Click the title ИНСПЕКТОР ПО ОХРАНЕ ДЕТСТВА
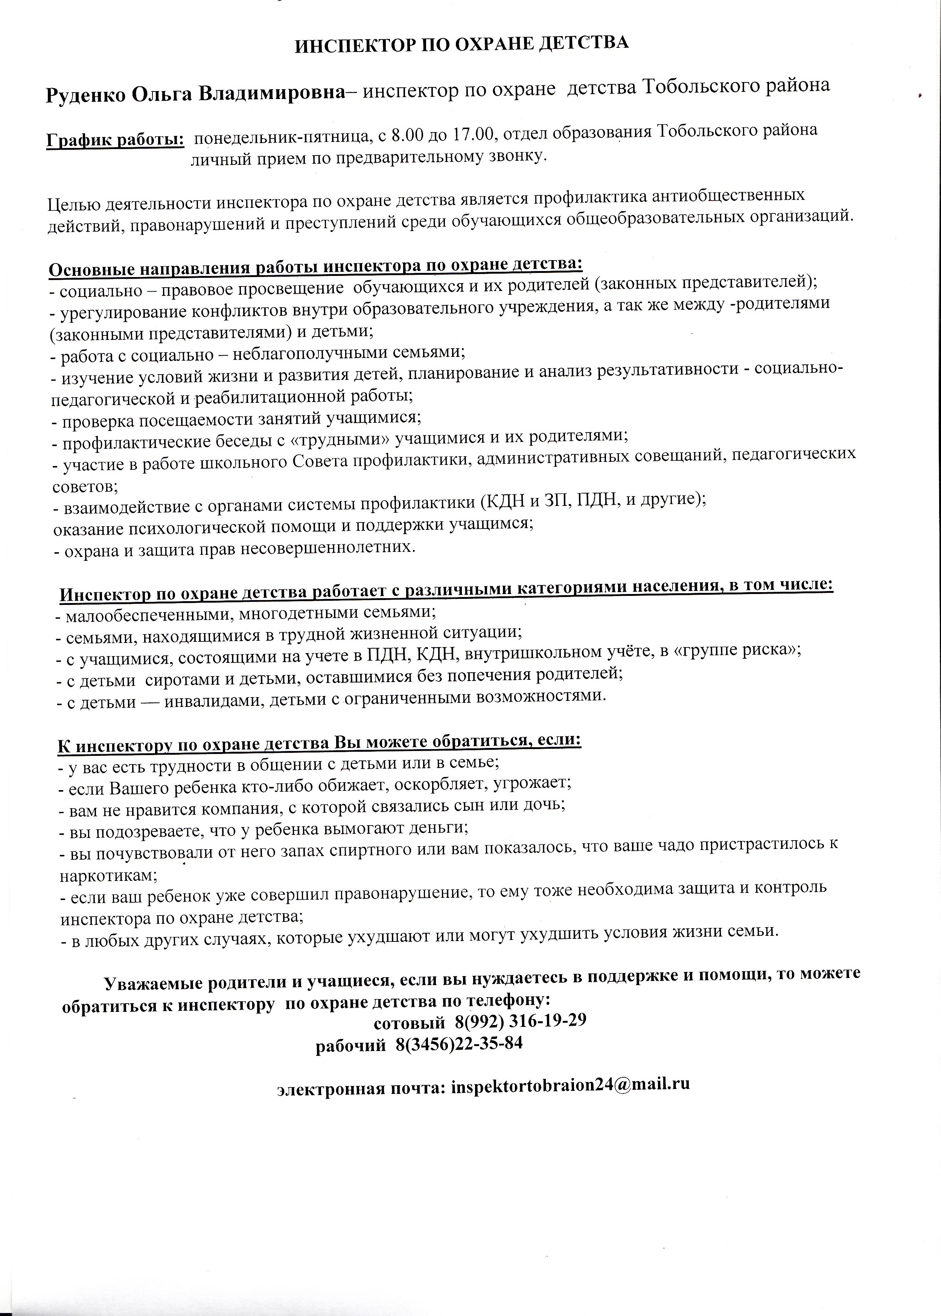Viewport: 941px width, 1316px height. pos(462,45)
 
